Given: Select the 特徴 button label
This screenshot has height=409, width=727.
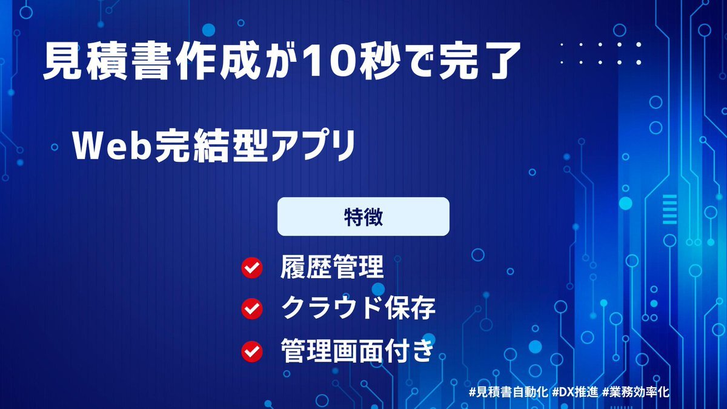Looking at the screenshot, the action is (363, 216).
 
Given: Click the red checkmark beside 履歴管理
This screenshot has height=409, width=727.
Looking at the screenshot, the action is (252, 268).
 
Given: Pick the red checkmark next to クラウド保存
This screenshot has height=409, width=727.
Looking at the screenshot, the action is (252, 308).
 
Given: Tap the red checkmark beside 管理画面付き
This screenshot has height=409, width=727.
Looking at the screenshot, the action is (252, 351).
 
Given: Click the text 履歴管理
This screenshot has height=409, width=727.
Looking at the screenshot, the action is (332, 267).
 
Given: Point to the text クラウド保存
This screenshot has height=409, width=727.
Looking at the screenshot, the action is (358, 308).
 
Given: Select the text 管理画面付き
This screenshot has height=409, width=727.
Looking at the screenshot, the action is (357, 350).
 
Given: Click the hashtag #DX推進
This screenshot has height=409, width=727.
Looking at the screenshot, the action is (575, 392).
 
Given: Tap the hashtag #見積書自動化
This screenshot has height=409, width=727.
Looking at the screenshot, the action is (508, 392).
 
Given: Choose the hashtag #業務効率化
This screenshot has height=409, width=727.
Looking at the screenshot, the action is (636, 392).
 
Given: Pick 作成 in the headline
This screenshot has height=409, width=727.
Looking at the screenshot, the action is (217, 61).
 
